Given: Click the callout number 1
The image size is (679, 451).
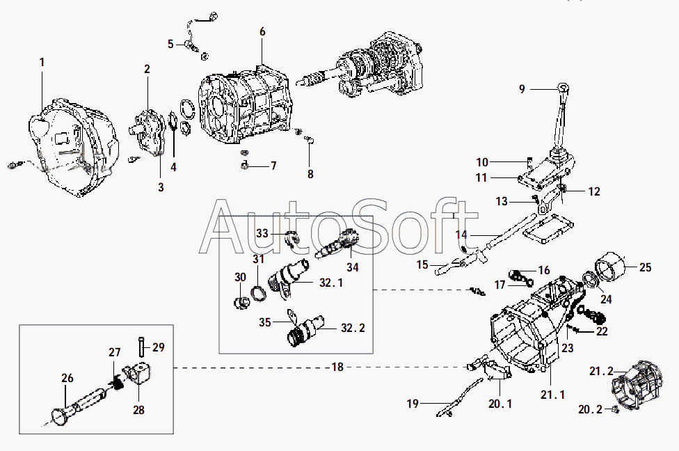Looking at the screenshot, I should click(42, 63).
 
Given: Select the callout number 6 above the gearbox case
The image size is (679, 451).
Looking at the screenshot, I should click(262, 32).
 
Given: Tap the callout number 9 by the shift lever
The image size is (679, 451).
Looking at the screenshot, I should click(522, 89).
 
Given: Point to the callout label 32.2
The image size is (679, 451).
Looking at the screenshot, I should click(352, 327).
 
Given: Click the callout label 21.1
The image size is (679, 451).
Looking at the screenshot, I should click(552, 395).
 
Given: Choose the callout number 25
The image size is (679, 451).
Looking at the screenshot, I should click(645, 267).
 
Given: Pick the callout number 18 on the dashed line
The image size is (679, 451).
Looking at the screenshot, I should click(337, 367).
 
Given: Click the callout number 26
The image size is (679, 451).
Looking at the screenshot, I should click(67, 379).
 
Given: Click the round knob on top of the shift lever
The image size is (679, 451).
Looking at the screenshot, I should click(564, 88).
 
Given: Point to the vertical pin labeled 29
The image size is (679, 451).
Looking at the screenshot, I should click(143, 344).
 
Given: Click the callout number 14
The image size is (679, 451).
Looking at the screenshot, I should click(461, 235).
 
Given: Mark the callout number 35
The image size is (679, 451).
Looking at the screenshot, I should click(264, 322).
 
